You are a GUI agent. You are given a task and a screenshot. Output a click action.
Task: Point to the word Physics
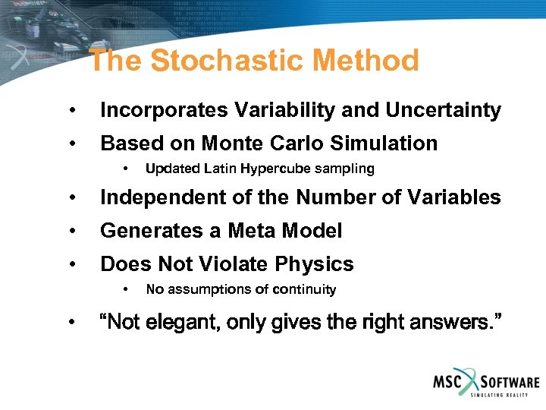[x=317, y=265]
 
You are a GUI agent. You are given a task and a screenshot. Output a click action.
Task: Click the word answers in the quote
[x=455, y=323]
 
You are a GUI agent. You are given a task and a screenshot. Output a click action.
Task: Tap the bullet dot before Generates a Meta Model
[x=71, y=232]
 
